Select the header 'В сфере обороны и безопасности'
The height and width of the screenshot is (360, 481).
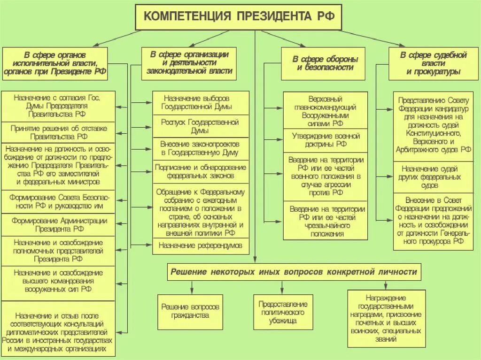[325, 63]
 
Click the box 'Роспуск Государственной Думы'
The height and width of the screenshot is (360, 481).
[201, 126]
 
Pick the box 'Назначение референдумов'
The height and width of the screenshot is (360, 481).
[201, 245]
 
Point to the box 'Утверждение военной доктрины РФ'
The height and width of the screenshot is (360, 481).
[325, 140]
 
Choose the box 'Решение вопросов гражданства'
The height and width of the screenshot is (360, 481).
[190, 311]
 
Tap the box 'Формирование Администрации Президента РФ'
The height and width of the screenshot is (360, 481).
[58, 225]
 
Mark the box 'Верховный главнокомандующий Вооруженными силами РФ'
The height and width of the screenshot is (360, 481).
[325, 111]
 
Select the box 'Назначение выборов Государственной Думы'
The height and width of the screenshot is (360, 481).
[201, 103]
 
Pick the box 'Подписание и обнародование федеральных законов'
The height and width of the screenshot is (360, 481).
[201, 171]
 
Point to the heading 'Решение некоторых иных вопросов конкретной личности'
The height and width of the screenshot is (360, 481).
[294, 272]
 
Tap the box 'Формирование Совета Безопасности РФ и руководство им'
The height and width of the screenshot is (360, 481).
[58, 201]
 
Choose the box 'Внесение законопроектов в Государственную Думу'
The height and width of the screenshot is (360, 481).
[201, 148]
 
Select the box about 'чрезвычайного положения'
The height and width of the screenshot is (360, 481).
[325, 221]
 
